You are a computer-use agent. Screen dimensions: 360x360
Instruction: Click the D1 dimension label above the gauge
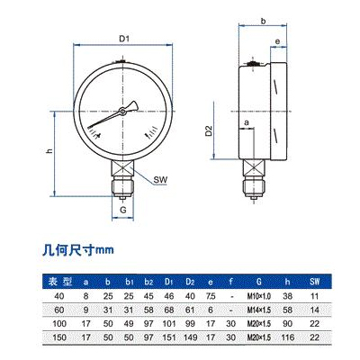(125, 37)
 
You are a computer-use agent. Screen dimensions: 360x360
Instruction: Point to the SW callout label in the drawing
(161, 180)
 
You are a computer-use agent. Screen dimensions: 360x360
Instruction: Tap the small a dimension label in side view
(246, 121)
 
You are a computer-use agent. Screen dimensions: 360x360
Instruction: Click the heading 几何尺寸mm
(81, 248)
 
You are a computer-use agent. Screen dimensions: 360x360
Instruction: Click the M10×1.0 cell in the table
(259, 294)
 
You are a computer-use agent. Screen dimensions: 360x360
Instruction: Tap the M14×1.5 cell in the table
(259, 308)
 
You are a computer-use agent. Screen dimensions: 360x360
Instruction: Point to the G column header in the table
(259, 282)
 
